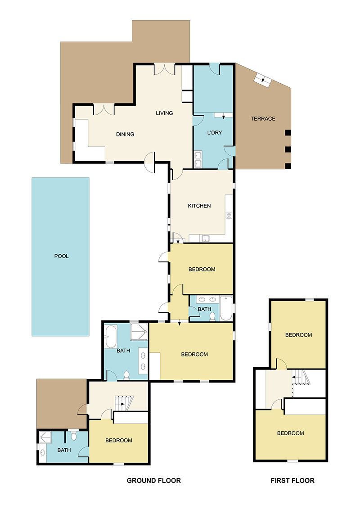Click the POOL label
tap(61, 256)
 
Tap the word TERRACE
tap(263, 119)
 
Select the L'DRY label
tap(213, 134)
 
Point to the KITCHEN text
tap(199, 206)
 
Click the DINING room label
tap(125, 134)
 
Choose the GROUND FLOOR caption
tap(153, 481)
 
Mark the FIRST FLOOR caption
tap(292, 481)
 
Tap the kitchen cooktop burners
tap(229, 215)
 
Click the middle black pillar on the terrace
tap(288, 149)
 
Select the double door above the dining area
tap(103, 109)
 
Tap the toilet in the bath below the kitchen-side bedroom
tap(213, 317)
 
